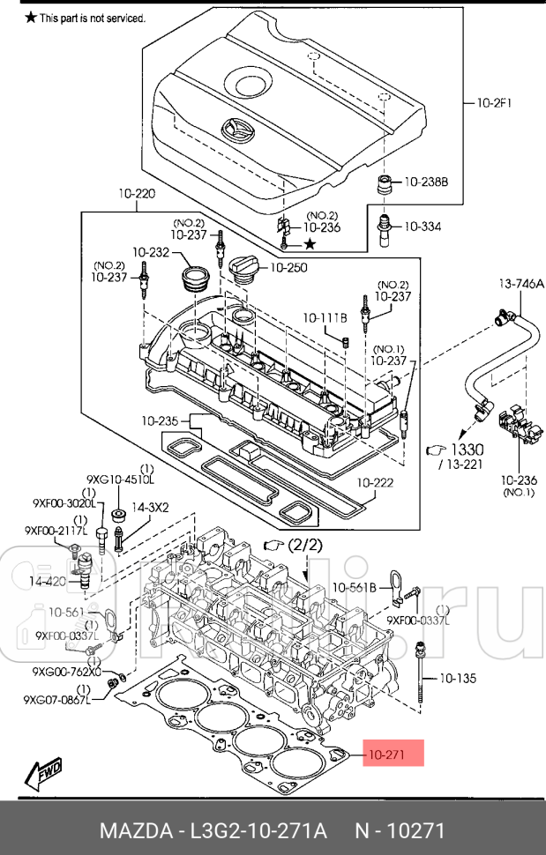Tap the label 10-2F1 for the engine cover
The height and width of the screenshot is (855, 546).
click(x=495, y=103)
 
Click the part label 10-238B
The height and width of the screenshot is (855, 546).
click(x=426, y=182)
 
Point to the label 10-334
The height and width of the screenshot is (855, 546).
click(x=423, y=227)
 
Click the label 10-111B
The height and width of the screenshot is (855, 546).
click(x=325, y=316)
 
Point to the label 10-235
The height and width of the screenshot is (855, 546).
click(x=159, y=420)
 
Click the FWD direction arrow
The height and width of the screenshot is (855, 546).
click(x=41, y=771)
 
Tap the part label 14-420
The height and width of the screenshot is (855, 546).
click(x=46, y=582)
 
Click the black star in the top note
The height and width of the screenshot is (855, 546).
click(x=31, y=18)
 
